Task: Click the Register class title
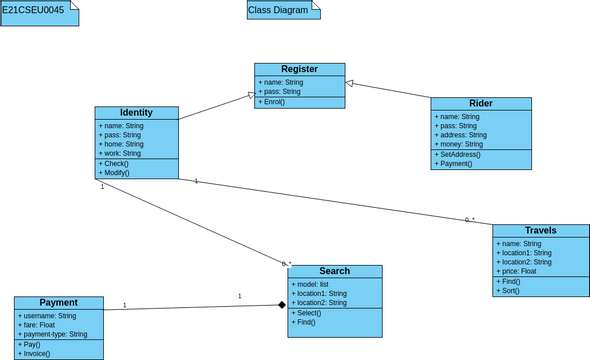pos(299,69)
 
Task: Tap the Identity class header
pos(136,113)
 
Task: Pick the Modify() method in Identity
pos(117,172)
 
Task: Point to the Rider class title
pos(480,103)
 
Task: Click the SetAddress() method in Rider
pos(460,154)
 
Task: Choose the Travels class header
pos(540,230)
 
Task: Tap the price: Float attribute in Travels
pos(519,271)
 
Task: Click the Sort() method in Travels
pos(510,290)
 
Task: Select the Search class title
pos(334,271)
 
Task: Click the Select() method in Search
pos(310,312)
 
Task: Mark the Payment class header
pos(58,302)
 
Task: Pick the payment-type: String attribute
pos(56,334)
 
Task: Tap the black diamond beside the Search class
pos(282,305)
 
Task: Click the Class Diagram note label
pos(279,10)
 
